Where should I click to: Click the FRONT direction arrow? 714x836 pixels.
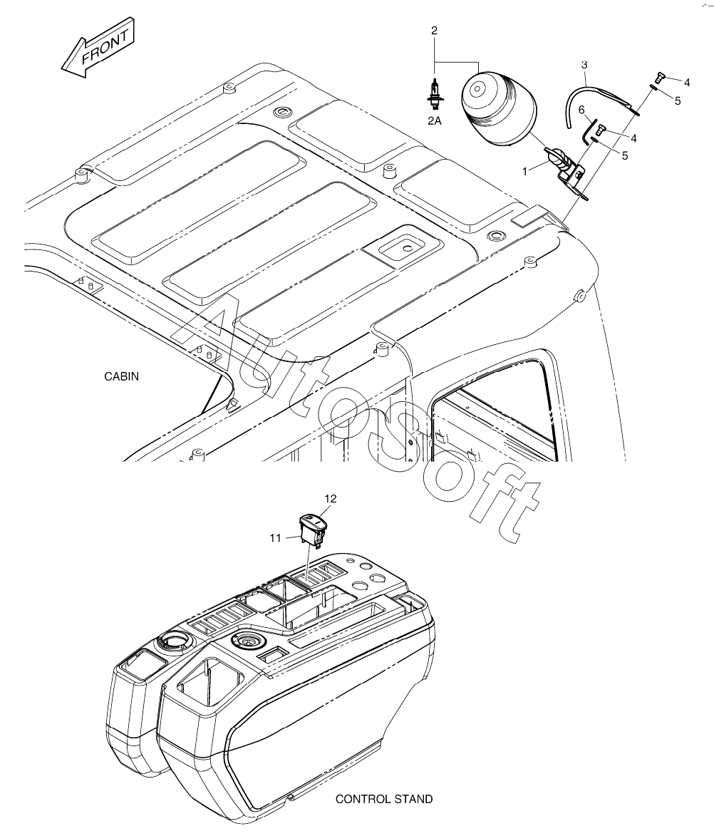pos(97,51)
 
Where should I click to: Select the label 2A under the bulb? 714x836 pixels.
pos(434,121)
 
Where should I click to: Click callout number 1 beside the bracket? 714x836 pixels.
pos(525,171)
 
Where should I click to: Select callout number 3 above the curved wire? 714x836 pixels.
pos(584,65)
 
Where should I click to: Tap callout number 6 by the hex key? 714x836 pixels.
pos(581,109)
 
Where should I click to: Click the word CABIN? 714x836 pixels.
pos(121,377)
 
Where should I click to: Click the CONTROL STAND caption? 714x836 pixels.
pos(384,799)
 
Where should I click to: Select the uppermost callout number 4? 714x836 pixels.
pos(687,82)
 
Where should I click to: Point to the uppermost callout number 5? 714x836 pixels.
pos(677,101)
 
